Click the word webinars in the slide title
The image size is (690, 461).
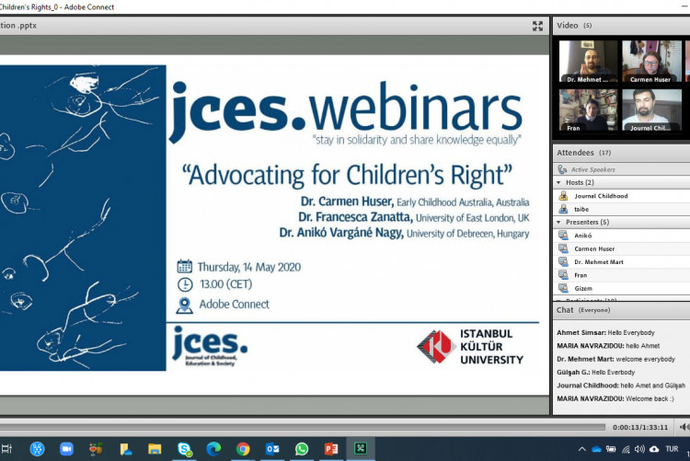[x=416, y=108]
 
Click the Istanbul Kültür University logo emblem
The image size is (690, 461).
[x=434, y=346]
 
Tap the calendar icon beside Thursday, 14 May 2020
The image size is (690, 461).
[x=185, y=267]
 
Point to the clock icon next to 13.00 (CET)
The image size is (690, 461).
[x=185, y=284]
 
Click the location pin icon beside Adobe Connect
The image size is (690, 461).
[x=185, y=305]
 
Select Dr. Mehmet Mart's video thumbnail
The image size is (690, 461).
[x=588, y=62]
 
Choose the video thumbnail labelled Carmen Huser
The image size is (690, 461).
[x=651, y=62]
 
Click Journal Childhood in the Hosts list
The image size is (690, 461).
[x=600, y=196]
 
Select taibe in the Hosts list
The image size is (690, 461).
[x=583, y=209]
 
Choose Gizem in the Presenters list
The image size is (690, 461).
[x=584, y=288]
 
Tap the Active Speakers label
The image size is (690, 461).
[x=592, y=170]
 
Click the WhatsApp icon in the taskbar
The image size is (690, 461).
[x=302, y=449]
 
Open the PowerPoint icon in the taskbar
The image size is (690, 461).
[x=331, y=449]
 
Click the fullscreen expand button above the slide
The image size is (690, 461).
[x=537, y=26]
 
